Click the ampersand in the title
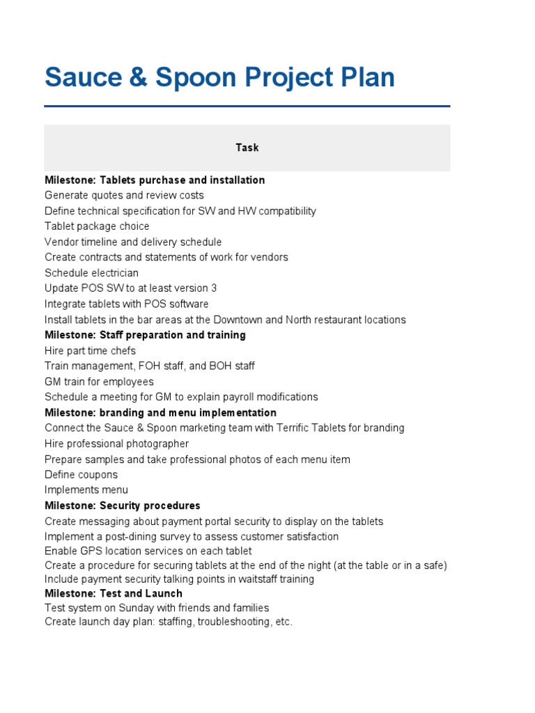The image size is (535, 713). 137,77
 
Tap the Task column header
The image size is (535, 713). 247,148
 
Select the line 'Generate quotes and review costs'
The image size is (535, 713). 124,196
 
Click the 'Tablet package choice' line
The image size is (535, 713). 97,226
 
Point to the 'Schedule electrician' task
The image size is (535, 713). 91,273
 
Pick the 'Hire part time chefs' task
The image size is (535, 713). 90,351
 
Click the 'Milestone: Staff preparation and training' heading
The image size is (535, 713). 145,335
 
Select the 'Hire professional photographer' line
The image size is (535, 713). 116,444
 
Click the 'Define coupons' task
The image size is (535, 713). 81,475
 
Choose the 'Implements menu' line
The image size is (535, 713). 86,490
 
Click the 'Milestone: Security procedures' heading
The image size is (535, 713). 122,506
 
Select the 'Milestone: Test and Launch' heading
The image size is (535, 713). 114,593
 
